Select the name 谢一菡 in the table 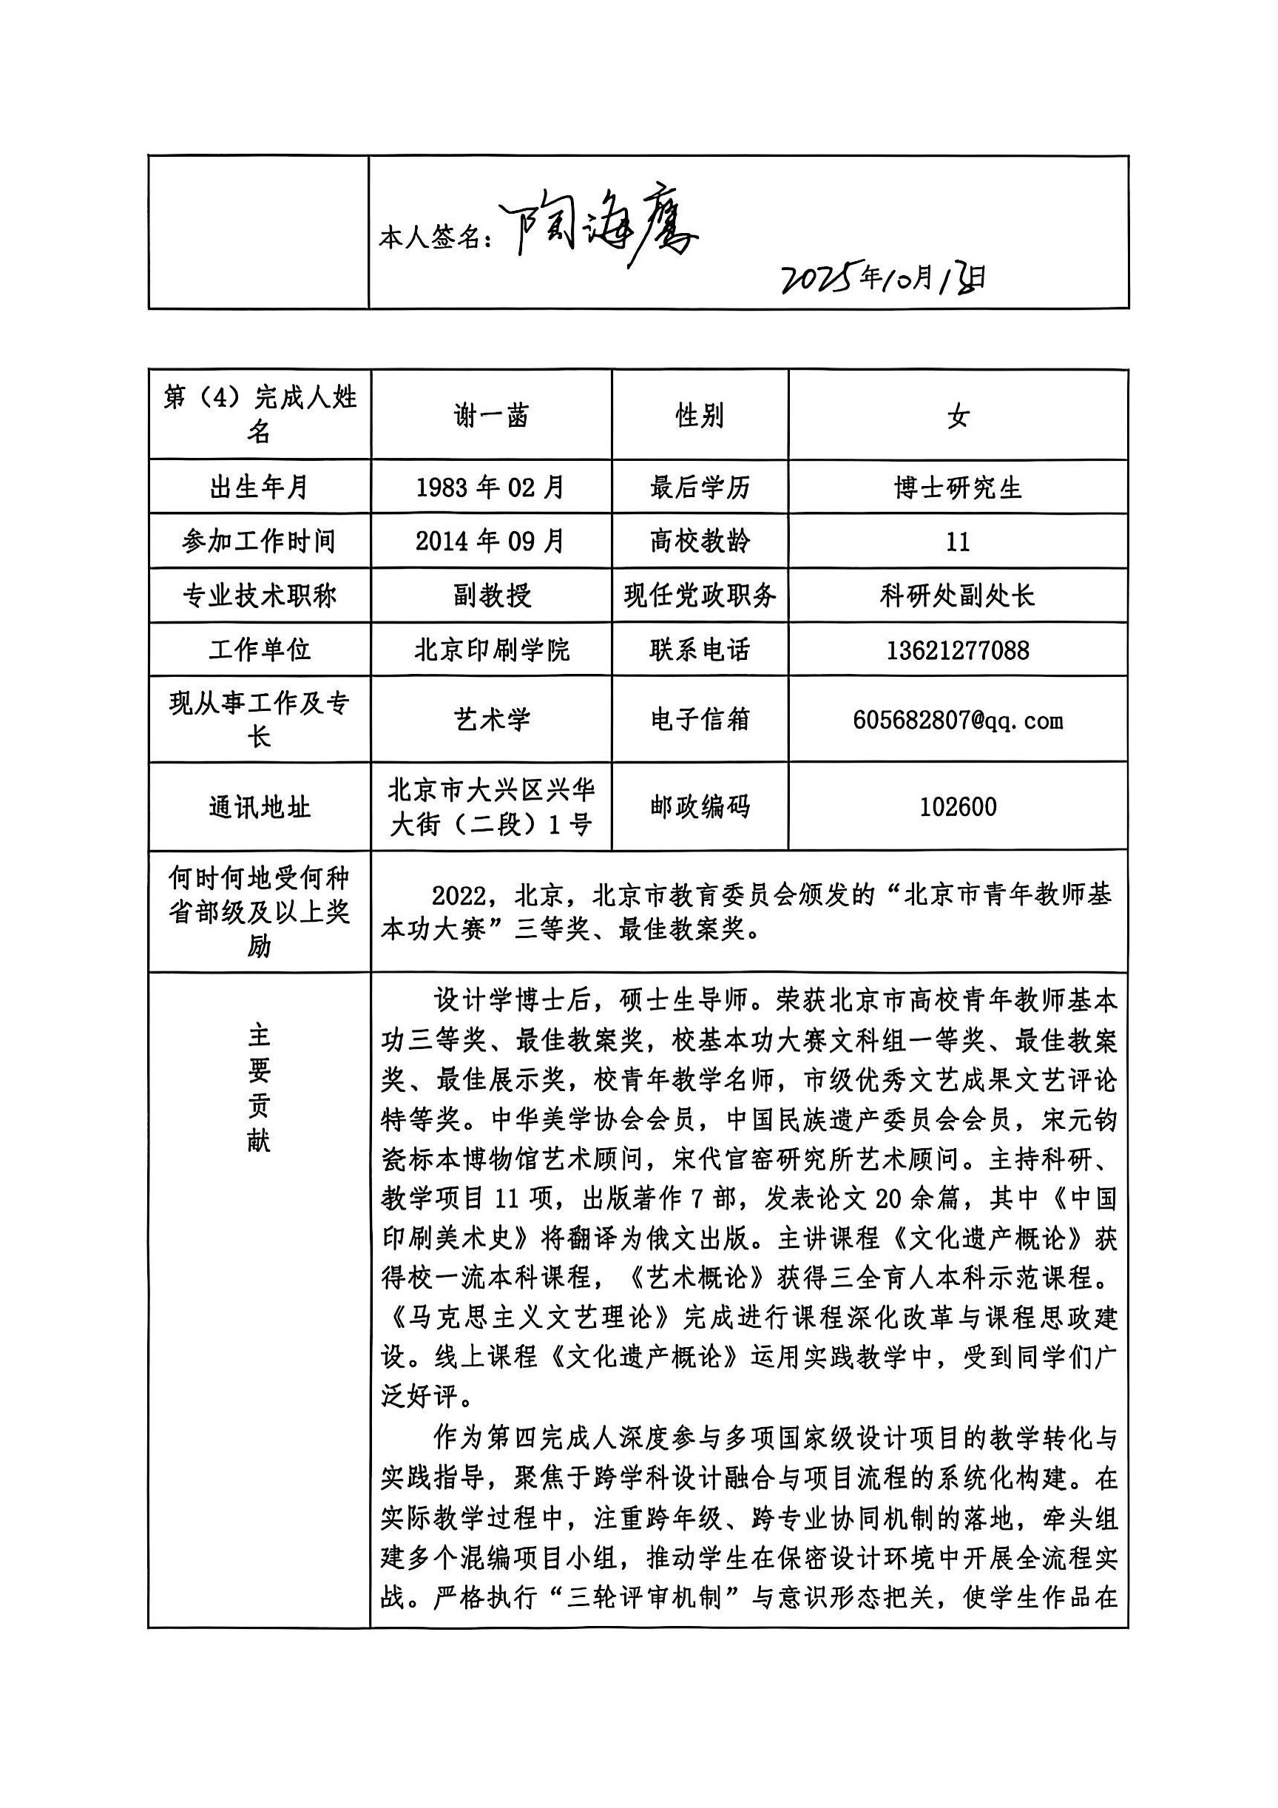(x=490, y=415)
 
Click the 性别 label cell (x=699, y=415)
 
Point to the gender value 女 (x=958, y=415)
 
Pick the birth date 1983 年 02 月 (x=490, y=487)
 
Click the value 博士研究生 (x=958, y=488)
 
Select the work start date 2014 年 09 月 (x=490, y=541)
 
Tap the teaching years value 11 (x=958, y=542)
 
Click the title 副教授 (x=490, y=596)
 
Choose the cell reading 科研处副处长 (x=958, y=596)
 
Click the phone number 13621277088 (x=958, y=650)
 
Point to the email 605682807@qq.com (x=958, y=719)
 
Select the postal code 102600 (x=958, y=806)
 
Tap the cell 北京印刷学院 (x=490, y=650)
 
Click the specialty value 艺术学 (x=490, y=719)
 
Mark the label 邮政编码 (x=699, y=806)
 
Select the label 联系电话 (x=699, y=650)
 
